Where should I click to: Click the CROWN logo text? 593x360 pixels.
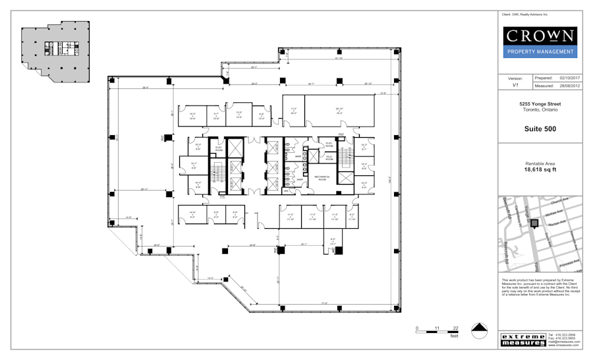(x=540, y=36)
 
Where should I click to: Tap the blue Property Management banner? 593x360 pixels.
(x=540, y=51)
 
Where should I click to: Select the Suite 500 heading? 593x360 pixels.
(x=540, y=129)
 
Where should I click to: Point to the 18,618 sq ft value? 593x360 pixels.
(x=540, y=169)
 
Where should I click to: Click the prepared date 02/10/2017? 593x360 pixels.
(x=567, y=78)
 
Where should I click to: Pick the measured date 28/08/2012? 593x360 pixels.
(x=567, y=86)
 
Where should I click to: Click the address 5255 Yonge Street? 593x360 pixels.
(x=540, y=104)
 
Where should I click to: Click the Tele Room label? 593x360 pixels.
(x=329, y=158)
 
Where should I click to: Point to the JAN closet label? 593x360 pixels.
(x=287, y=191)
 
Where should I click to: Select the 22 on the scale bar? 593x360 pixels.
(x=455, y=328)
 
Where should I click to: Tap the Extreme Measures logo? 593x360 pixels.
(x=522, y=340)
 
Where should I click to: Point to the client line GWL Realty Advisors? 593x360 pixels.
(x=525, y=15)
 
